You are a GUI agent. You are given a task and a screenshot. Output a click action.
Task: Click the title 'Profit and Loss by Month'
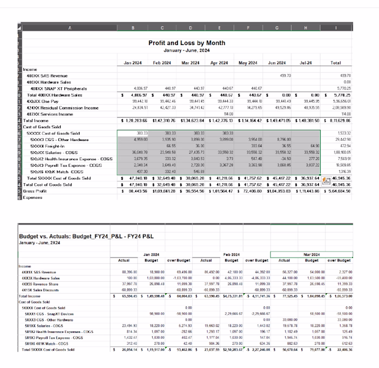[x=187, y=42]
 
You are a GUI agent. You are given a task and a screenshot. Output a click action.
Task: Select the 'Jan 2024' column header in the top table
[x=133, y=63]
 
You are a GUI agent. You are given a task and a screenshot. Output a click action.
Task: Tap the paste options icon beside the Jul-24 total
[x=326, y=180]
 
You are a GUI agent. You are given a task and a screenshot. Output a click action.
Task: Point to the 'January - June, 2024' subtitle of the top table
[x=187, y=50]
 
